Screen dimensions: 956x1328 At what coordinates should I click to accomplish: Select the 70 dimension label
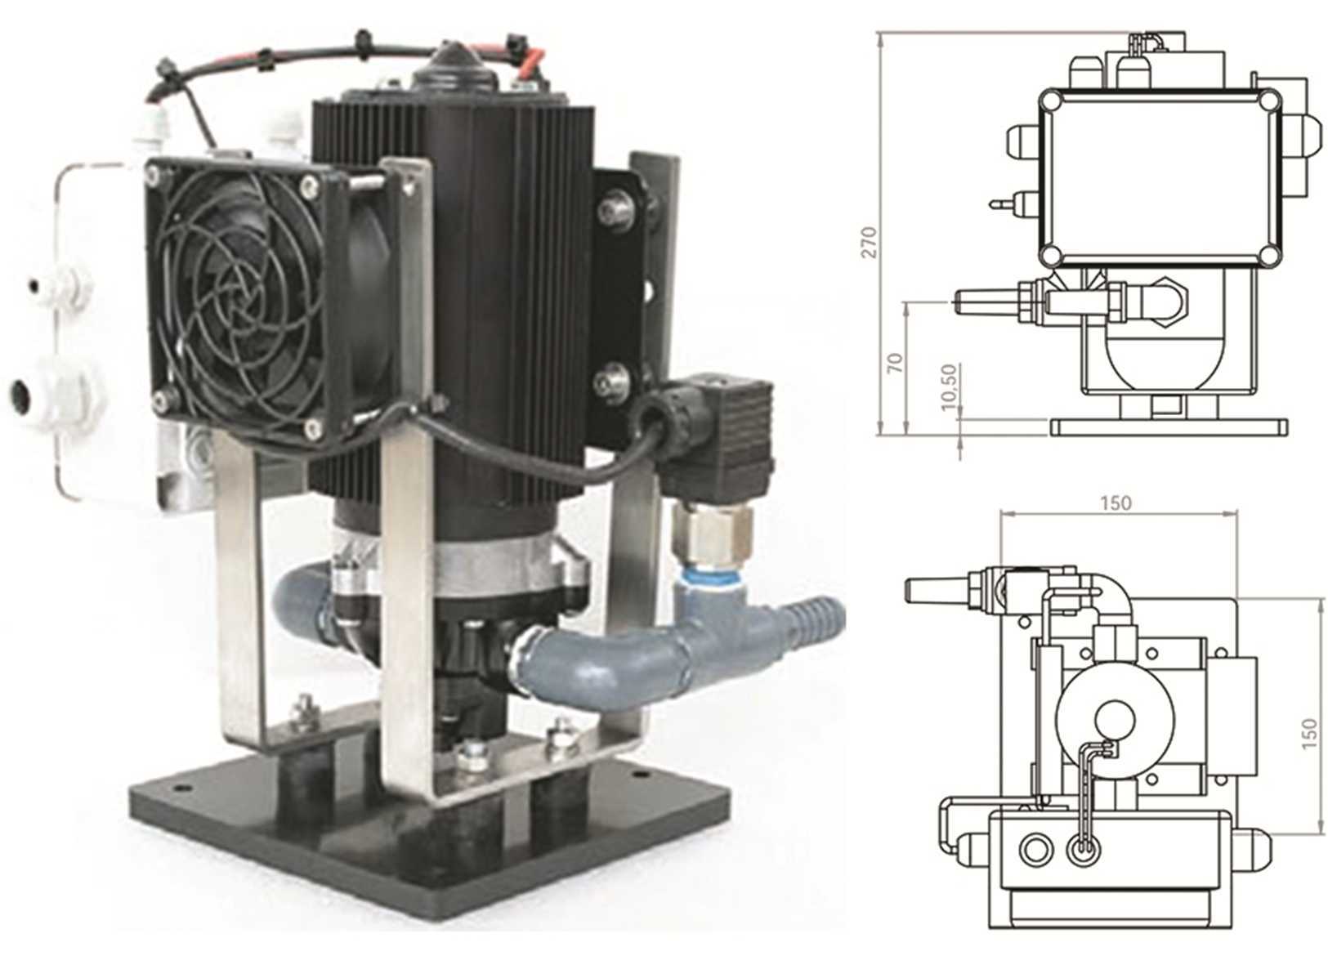tap(896, 363)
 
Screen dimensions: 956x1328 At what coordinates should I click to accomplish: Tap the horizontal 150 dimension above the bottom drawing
tap(1116, 503)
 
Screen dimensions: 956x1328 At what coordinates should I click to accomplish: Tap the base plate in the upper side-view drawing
tap(1169, 427)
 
